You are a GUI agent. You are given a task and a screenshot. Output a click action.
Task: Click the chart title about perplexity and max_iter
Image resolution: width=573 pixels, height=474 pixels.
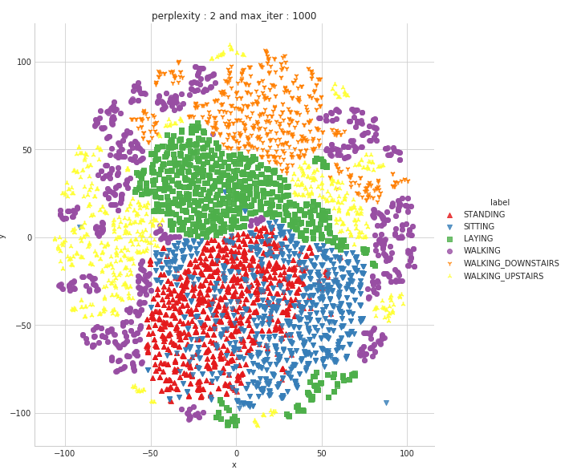click(234, 16)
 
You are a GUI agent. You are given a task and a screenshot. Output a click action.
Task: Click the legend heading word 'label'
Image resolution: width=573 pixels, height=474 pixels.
click(500, 203)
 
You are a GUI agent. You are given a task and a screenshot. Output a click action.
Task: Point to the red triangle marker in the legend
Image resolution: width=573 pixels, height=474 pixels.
click(449, 215)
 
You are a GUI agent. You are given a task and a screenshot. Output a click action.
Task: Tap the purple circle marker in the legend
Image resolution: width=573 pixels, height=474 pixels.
click(449, 251)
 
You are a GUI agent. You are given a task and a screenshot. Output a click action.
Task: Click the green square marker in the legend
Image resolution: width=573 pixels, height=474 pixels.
click(449, 239)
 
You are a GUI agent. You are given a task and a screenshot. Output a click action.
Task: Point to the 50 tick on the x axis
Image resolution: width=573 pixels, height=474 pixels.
click(321, 453)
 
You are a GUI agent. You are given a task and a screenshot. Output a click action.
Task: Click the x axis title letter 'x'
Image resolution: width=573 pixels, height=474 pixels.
click(234, 464)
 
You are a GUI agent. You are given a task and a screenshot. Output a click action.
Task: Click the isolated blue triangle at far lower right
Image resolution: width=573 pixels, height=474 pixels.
click(386, 403)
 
